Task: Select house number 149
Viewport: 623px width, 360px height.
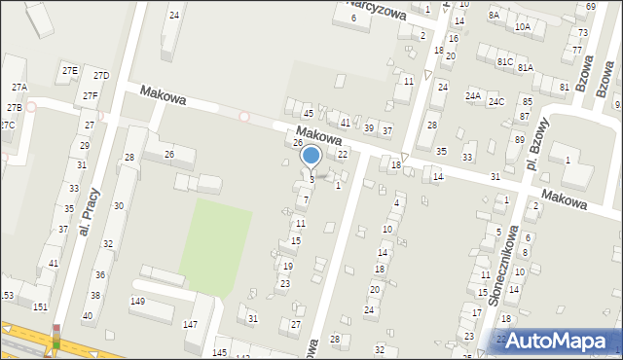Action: click(x=138, y=302)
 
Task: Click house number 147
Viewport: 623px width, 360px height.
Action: click(x=191, y=324)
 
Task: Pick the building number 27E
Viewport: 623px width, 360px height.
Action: click(x=69, y=71)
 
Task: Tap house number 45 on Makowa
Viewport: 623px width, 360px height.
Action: click(x=308, y=115)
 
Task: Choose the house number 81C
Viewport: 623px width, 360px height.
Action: click(x=504, y=61)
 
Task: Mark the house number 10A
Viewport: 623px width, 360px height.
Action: click(x=522, y=27)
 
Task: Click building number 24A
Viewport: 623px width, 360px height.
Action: click(x=473, y=96)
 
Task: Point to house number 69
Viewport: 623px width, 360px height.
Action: click(x=590, y=8)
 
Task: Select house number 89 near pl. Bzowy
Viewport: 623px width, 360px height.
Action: click(x=519, y=139)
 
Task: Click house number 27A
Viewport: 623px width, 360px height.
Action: click(x=18, y=88)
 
